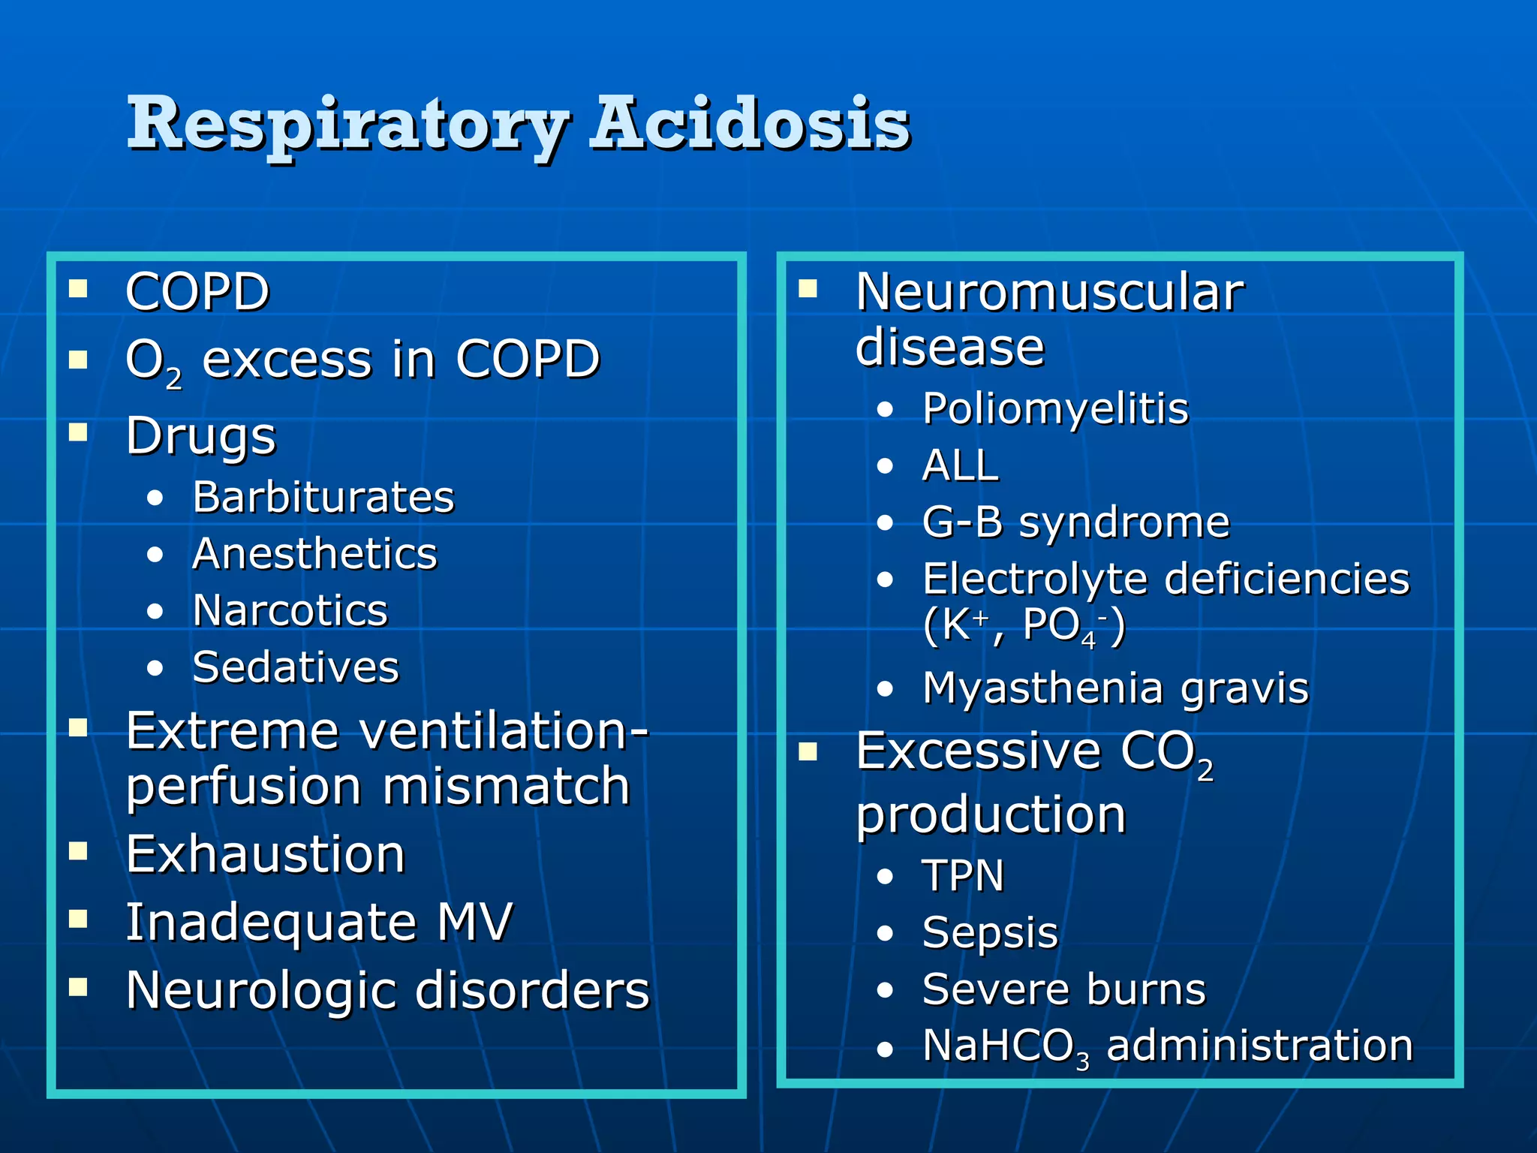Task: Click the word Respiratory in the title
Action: [x=349, y=124]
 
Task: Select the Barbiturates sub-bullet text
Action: [x=323, y=497]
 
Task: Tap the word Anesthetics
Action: [x=314, y=554]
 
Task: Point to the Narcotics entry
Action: [x=290, y=610]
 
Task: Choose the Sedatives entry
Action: [x=296, y=667]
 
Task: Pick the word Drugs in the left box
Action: [x=201, y=435]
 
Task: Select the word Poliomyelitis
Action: [x=1055, y=409]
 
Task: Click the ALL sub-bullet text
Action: [x=960, y=465]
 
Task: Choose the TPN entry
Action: [x=963, y=875]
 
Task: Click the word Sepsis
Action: [x=990, y=933]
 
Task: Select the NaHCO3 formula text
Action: [x=1006, y=1046]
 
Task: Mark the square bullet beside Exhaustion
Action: [x=78, y=850]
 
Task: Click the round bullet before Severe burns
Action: [x=886, y=991]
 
